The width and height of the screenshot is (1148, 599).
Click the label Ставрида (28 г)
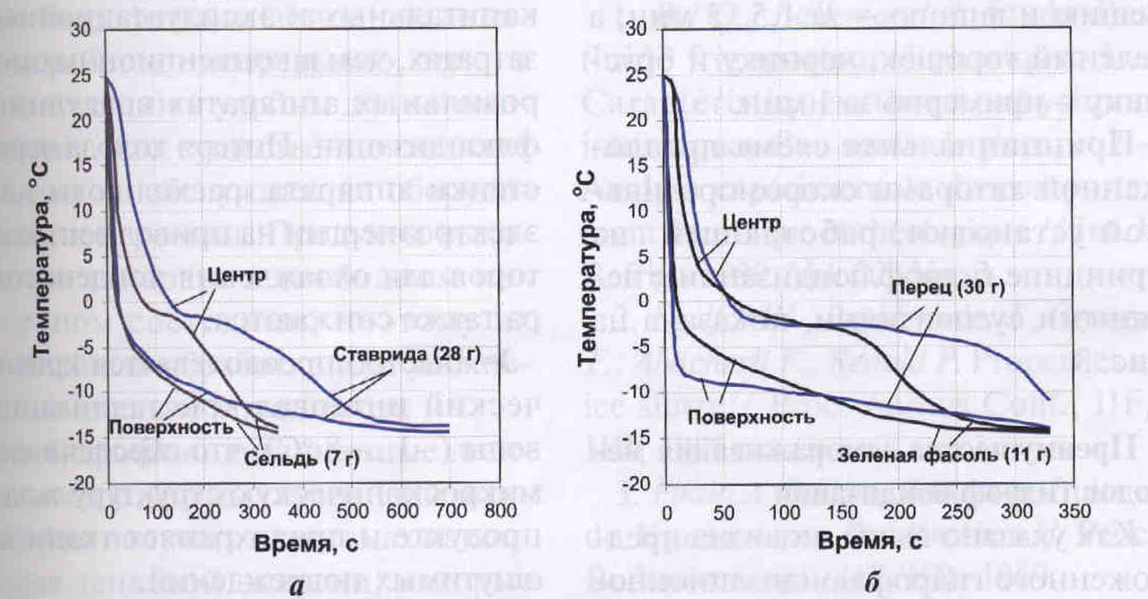(x=406, y=355)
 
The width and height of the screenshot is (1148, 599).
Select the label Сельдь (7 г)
(x=301, y=459)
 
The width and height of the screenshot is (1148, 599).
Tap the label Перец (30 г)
(x=948, y=287)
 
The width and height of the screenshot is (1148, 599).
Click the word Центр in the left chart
(x=236, y=275)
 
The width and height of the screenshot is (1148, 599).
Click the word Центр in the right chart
(x=752, y=223)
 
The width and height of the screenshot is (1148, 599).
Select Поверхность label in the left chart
(x=171, y=427)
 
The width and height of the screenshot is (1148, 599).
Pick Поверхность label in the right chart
(x=751, y=417)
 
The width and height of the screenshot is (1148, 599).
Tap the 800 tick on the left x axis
(x=500, y=511)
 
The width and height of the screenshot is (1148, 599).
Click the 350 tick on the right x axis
(x=1074, y=511)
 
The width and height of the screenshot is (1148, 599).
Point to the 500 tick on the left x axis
(x=353, y=511)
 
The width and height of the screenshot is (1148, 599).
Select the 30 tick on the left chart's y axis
(x=81, y=30)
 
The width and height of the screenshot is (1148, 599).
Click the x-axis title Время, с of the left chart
(x=306, y=544)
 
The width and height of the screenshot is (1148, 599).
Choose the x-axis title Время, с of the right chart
(x=869, y=541)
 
